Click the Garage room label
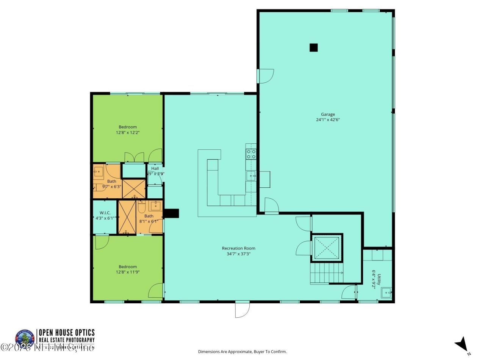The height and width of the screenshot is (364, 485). coord(328,114)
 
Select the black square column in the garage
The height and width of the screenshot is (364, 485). coord(313,47)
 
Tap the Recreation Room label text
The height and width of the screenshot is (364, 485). coord(238,248)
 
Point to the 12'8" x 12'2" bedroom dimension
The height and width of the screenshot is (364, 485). coord(127,133)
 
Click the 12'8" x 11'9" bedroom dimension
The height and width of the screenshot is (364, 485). coord(127,272)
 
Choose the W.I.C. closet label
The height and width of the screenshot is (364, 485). coord(105,213)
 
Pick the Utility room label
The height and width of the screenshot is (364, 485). coord(379,277)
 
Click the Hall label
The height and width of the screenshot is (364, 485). coord(155,168)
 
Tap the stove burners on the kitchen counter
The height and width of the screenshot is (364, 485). coord(251,154)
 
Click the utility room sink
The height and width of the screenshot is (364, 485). coord(386,293)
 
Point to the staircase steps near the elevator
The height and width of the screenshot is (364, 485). coord(326,273)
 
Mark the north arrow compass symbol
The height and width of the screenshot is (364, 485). coord(462,345)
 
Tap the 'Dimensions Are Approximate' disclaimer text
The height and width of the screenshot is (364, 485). coord(242,351)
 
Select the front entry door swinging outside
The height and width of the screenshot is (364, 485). coord(242,309)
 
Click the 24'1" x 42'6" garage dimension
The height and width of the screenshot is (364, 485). coord(328,120)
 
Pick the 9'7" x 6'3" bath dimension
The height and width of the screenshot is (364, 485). coord(111,187)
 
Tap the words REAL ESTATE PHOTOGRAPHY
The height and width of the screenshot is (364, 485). coord(67,340)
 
